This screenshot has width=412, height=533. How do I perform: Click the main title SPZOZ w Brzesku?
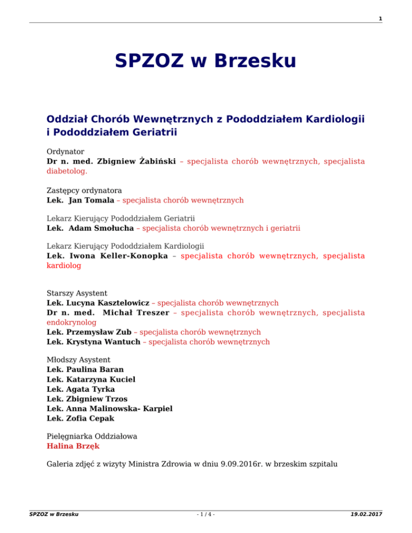205,60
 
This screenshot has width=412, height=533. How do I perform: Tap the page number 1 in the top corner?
380,19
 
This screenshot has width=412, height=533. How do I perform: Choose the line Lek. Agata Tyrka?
80,389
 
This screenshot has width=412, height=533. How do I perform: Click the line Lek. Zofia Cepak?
80,418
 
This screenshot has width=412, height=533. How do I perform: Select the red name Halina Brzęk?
73,446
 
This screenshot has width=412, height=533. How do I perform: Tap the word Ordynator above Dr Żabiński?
65,152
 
